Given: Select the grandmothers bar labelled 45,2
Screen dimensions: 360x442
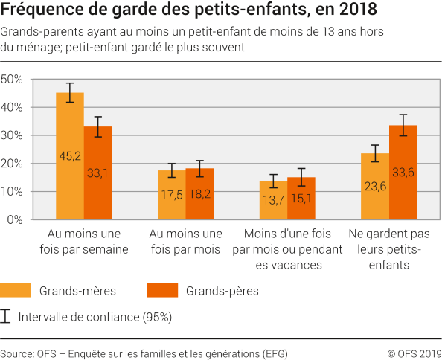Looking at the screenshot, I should click(70, 156).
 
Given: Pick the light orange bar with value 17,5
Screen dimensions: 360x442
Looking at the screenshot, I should click(172, 195).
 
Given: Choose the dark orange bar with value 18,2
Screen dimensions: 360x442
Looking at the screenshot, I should click(199, 194).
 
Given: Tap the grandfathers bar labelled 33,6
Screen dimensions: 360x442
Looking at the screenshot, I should click(403, 173).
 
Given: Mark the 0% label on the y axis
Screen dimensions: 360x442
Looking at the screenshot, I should click(16, 219).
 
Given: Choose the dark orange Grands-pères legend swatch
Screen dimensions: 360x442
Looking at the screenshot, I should click(165, 290).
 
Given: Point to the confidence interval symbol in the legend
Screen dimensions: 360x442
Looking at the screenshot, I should click(7, 317).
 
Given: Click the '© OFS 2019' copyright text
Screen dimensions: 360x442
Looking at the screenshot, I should click(414, 353).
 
